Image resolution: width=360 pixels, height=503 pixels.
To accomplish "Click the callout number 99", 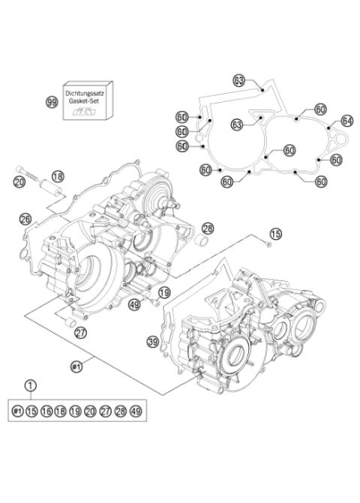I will pyautogui.click(x=52, y=103).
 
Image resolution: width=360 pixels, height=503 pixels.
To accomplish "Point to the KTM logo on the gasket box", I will pyautogui.click(x=88, y=111).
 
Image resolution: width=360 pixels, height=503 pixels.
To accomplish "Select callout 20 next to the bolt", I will pyautogui.click(x=20, y=182).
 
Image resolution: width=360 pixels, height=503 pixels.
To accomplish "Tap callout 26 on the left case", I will pyautogui.click(x=25, y=220).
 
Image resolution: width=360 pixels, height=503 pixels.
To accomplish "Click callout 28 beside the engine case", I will pyautogui.click(x=208, y=228).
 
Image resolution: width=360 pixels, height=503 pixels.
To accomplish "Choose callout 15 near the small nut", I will pyautogui.click(x=274, y=234).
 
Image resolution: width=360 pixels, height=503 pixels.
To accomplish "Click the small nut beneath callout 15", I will pyautogui.click(x=267, y=245).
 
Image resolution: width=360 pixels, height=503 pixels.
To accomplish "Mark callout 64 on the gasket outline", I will pyautogui.click(x=346, y=120).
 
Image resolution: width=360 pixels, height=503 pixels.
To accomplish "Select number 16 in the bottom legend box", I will pyautogui.click(x=46, y=411).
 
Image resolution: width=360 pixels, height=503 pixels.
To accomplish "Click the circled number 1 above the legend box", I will pyautogui.click(x=31, y=386).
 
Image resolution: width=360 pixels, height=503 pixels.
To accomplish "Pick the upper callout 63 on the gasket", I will pyautogui.click(x=238, y=79).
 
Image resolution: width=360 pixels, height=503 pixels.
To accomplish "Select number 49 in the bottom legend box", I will pyautogui.click(x=136, y=411).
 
